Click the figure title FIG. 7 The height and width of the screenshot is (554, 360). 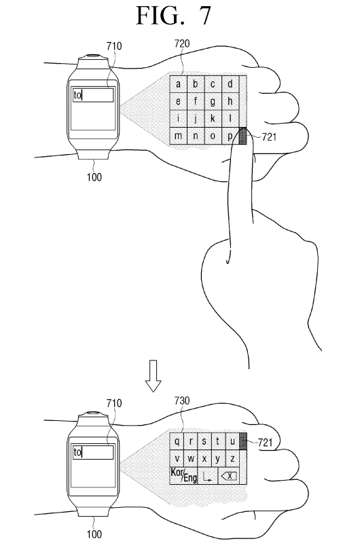pos(174,16)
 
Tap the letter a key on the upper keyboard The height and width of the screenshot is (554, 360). pos(178,84)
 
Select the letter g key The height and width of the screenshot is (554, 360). pos(213,101)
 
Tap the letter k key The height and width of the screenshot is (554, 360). pos(213,119)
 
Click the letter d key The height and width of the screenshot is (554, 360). pos(230,84)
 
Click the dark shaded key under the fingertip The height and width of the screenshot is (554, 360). pos(243,136)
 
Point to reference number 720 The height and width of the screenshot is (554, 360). pos(182,44)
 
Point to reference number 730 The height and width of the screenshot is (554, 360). pos(182,401)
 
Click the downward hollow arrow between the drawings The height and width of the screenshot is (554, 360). pos(153,375)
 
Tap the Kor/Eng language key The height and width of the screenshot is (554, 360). pos(183,475)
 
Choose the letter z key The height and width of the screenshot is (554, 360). pos(232,458)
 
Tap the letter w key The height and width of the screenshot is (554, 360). pos(191,458)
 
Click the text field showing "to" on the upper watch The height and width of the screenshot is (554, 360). pos(93,95)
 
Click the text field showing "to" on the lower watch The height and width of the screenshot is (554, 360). pos(93,452)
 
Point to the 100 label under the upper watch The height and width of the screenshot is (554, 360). pos(94,177)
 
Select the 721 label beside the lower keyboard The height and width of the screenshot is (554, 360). pos(265,443)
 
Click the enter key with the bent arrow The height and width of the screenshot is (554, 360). pos(208,475)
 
